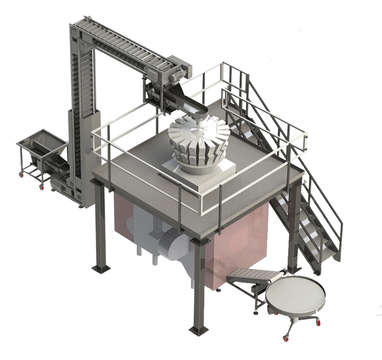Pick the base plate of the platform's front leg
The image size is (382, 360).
(198, 329)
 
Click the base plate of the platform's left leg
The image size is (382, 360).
(102, 268)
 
